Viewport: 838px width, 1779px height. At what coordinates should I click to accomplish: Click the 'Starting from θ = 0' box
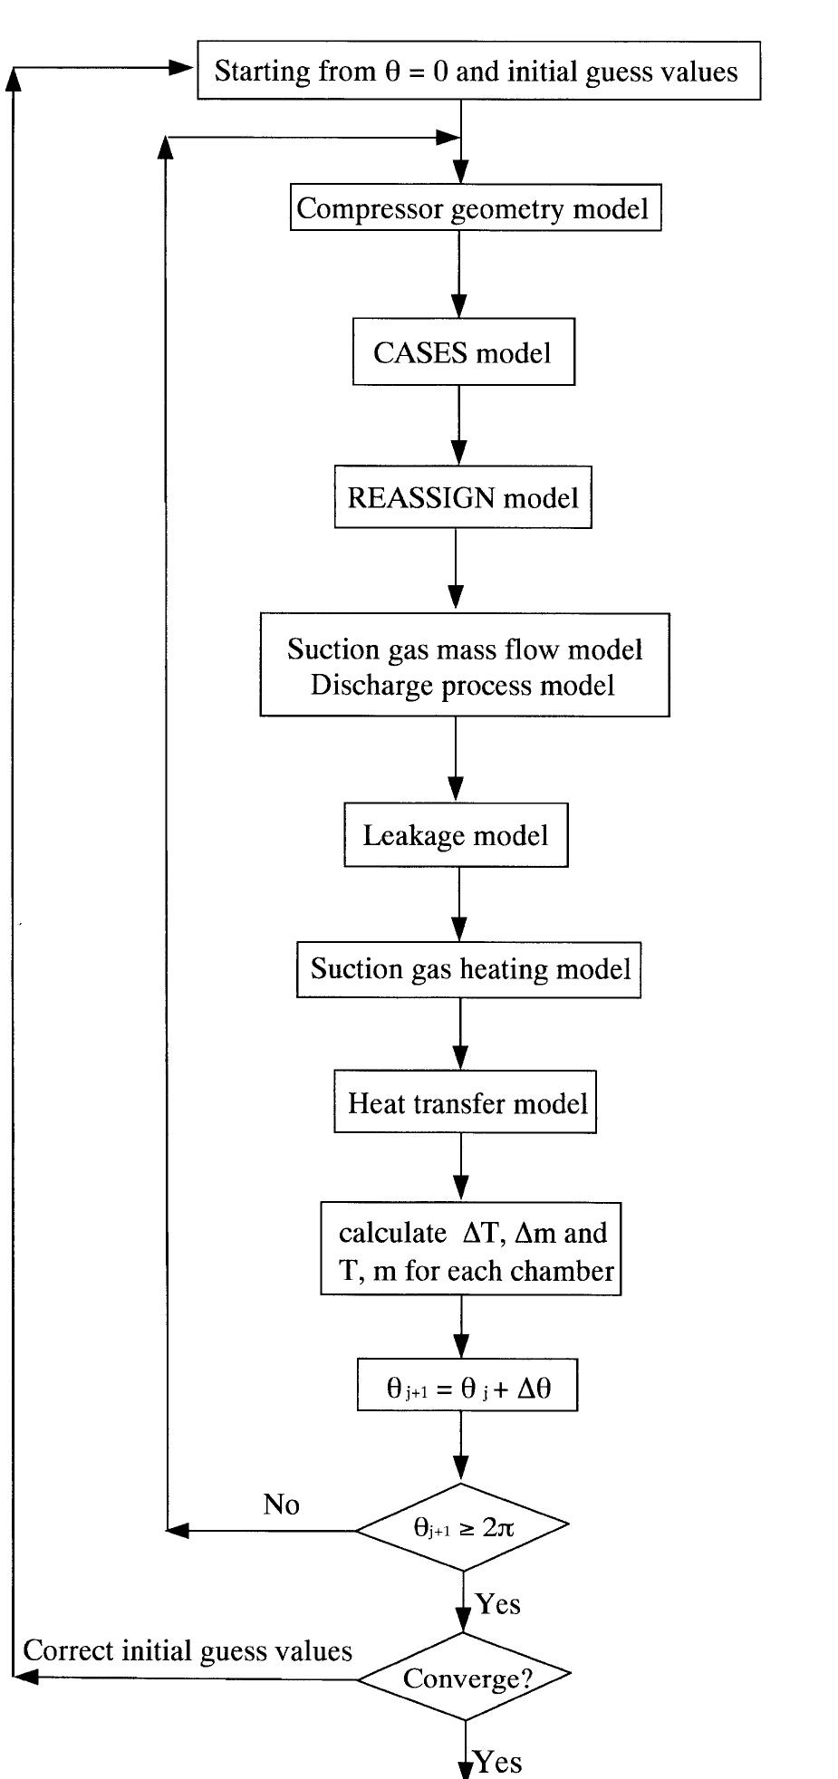[x=478, y=71]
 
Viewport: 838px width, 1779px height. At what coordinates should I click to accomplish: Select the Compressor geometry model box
[x=475, y=208]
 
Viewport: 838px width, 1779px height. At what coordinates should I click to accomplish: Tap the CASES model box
[x=463, y=351]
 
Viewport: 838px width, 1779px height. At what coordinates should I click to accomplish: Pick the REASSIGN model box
[x=463, y=497]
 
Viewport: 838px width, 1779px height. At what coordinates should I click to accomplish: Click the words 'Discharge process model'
[x=463, y=685]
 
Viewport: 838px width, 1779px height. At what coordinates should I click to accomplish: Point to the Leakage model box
[x=456, y=834]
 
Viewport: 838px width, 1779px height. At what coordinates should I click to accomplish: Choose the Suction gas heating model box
[x=468, y=969]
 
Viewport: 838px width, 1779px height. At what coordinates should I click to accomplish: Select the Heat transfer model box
[x=465, y=1103]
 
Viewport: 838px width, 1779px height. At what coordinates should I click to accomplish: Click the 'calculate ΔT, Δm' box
[x=470, y=1250]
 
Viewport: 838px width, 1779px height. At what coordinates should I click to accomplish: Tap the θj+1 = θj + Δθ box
[x=467, y=1389]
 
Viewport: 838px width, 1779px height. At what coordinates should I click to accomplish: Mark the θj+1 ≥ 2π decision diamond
[x=462, y=1527]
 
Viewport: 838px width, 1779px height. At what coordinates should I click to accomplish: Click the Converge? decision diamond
[x=464, y=1678]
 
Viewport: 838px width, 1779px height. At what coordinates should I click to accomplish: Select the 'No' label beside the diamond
[x=281, y=1505]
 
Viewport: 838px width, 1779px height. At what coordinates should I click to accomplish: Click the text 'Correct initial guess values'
[x=188, y=1650]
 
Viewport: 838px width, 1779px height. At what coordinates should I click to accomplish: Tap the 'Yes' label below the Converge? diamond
[x=498, y=1762]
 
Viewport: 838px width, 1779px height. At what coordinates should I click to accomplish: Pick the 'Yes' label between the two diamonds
[x=498, y=1604]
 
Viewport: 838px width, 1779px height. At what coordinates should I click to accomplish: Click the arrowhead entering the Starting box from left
[x=182, y=68]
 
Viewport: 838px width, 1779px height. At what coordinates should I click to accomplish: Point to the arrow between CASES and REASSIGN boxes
[x=458, y=426]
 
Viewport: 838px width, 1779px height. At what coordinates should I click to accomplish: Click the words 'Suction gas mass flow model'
[x=465, y=649]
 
